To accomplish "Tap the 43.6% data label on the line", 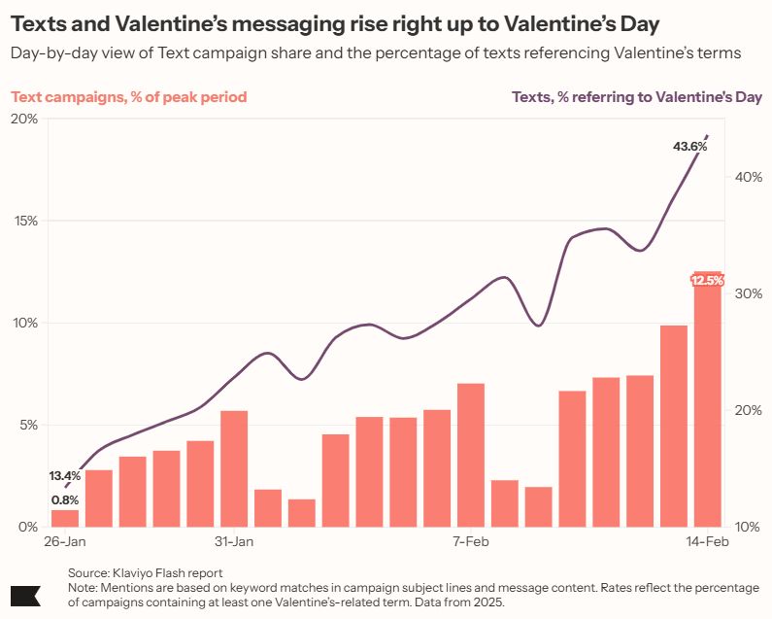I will (x=689, y=147).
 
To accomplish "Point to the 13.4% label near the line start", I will (x=65, y=476).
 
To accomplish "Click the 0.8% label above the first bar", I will (x=65, y=499).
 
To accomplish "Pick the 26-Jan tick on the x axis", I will (x=65, y=541).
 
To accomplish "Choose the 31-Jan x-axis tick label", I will (x=234, y=541).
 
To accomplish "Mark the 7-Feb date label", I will (x=471, y=541).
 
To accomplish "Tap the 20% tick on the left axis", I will (x=24, y=119).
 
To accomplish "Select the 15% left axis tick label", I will (x=24, y=221).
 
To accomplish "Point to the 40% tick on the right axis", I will (x=747, y=177).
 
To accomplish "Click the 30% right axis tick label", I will (x=747, y=293).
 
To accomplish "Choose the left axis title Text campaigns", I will (x=128, y=96).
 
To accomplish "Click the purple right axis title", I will (x=636, y=96).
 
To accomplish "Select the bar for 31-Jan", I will (x=234, y=468).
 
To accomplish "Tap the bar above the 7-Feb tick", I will (x=471, y=455).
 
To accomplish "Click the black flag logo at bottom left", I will (x=24, y=596).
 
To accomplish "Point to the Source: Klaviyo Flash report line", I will (x=145, y=573).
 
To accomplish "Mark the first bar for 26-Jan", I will (x=65, y=518).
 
